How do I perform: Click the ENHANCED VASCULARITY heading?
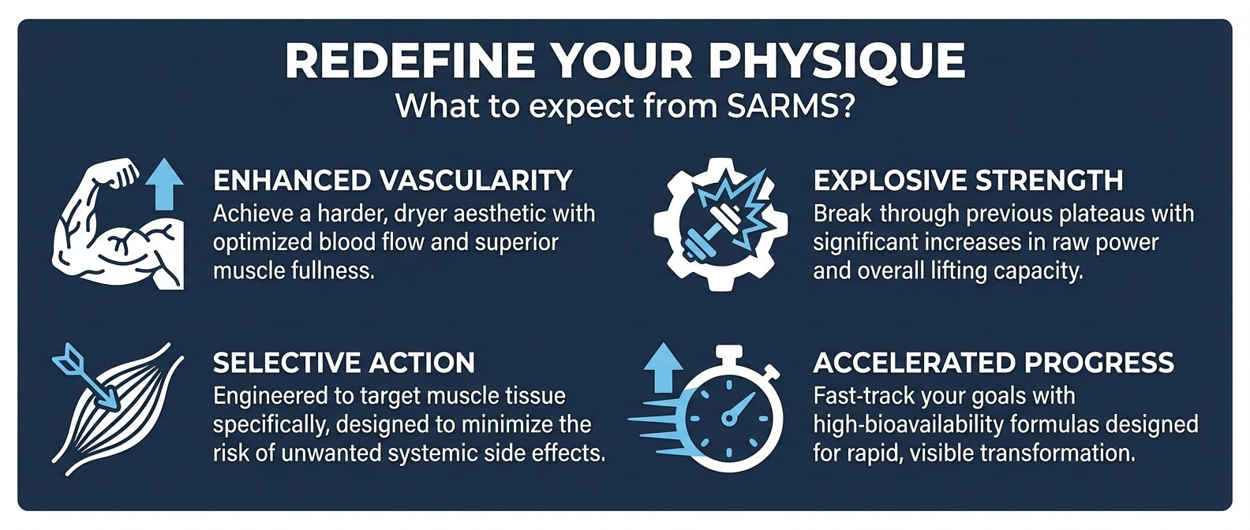[393, 180]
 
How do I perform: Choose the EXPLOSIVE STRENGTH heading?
[968, 180]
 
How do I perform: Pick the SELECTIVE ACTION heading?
[344, 362]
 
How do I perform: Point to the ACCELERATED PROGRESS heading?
[994, 362]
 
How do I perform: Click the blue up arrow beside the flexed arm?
[164, 184]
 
